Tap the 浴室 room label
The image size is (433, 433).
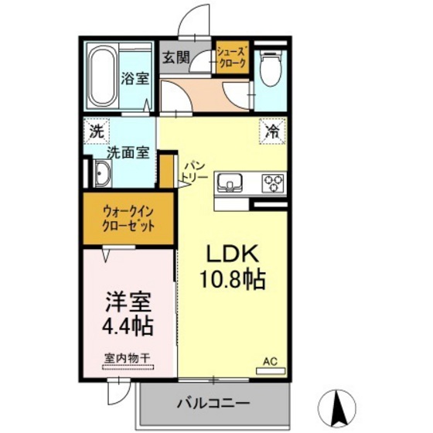pyautogui.click(x=135, y=78)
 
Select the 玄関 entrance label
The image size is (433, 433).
pyautogui.click(x=176, y=56)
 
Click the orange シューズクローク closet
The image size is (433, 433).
pyautogui.click(x=232, y=59)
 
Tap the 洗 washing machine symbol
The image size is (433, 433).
pyautogui.click(x=97, y=131)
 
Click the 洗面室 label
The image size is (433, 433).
pyautogui.click(x=127, y=153)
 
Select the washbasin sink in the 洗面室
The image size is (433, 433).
pyautogui.click(x=101, y=176)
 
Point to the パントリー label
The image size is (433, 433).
pyautogui.click(x=194, y=171)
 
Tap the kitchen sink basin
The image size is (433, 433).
pyautogui.click(x=231, y=182)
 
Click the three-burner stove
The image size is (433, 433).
pyautogui.click(x=273, y=182)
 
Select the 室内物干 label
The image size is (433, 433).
pyautogui.click(x=128, y=358)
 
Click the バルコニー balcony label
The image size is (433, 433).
pyautogui.click(x=212, y=404)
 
